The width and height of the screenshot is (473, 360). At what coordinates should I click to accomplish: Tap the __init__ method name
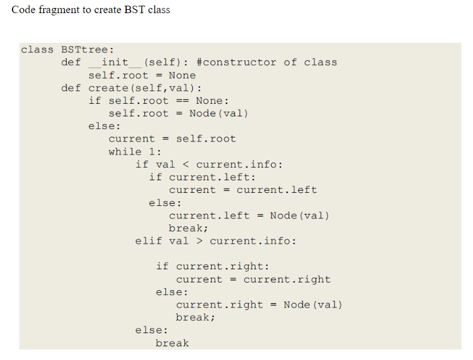tap(115, 62)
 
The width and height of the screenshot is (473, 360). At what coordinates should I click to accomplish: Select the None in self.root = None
tap(182, 75)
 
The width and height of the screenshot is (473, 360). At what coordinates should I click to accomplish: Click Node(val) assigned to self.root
tap(219, 113)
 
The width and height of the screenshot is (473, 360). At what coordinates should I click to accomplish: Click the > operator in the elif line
tap(199, 241)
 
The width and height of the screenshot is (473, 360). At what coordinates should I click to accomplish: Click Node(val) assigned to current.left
tap(300, 215)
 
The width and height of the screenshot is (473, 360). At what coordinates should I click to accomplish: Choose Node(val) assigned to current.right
tap(313, 305)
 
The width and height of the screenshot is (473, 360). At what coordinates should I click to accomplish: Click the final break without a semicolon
tap(172, 343)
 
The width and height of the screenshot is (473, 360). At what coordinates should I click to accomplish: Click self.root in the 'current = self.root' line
tap(206, 139)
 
